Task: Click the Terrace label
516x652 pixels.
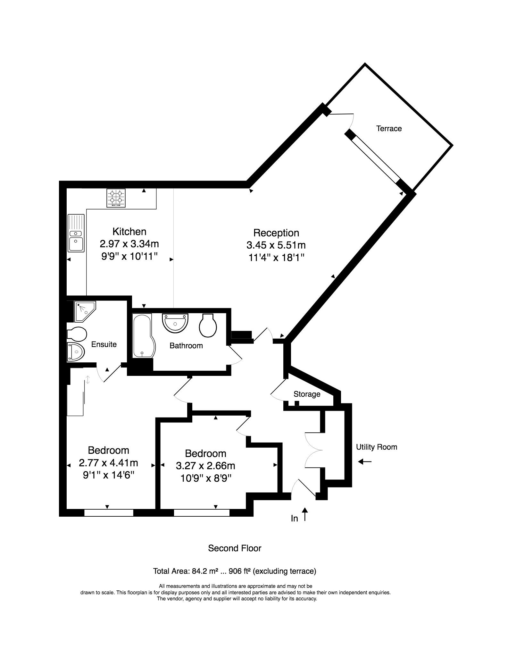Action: (x=389, y=129)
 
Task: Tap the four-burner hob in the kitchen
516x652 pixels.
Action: (x=116, y=198)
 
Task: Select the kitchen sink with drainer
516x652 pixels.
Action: (x=76, y=233)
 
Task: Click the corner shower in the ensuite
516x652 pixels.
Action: (x=85, y=311)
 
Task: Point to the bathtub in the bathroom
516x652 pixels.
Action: (x=144, y=336)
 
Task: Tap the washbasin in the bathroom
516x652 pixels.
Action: (x=175, y=323)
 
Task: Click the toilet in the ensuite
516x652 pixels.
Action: (x=77, y=334)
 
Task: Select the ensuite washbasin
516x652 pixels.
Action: (x=76, y=352)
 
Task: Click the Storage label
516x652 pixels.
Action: (x=307, y=394)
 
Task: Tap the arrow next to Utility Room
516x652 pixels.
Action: (x=365, y=462)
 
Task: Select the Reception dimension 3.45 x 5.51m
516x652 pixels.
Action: (x=276, y=245)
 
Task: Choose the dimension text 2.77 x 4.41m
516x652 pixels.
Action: (x=108, y=463)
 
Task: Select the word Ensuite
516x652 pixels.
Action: (x=104, y=344)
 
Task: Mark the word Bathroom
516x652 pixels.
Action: (x=186, y=346)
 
